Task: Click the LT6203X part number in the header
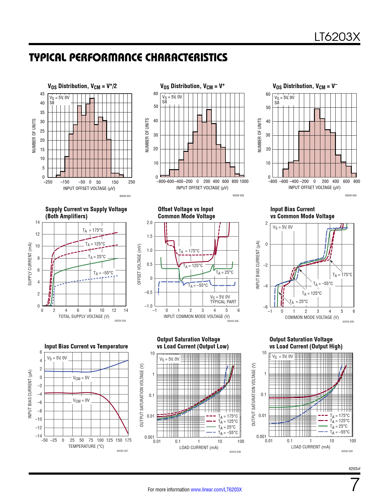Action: tap(337, 37)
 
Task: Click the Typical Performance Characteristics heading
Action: tap(128, 57)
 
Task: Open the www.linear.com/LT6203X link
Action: tap(216, 490)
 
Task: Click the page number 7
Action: tap(355, 485)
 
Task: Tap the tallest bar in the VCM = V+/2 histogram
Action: tap(92, 137)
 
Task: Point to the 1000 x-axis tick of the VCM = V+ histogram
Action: tap(244, 182)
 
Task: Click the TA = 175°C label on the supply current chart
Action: tap(93, 230)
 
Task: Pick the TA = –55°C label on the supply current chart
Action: tap(103, 273)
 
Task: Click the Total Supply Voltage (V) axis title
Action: tap(84, 316)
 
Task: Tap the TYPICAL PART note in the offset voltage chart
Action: tap(223, 302)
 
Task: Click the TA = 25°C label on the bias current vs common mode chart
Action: tap(299, 302)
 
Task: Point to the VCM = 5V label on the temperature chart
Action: tap(81, 378)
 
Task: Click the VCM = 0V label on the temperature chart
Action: tap(81, 401)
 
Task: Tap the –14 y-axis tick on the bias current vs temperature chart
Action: tap(38, 436)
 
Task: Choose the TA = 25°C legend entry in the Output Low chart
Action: tap(227, 427)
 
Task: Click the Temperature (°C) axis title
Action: tap(86, 446)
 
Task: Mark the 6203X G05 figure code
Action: tap(233, 321)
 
